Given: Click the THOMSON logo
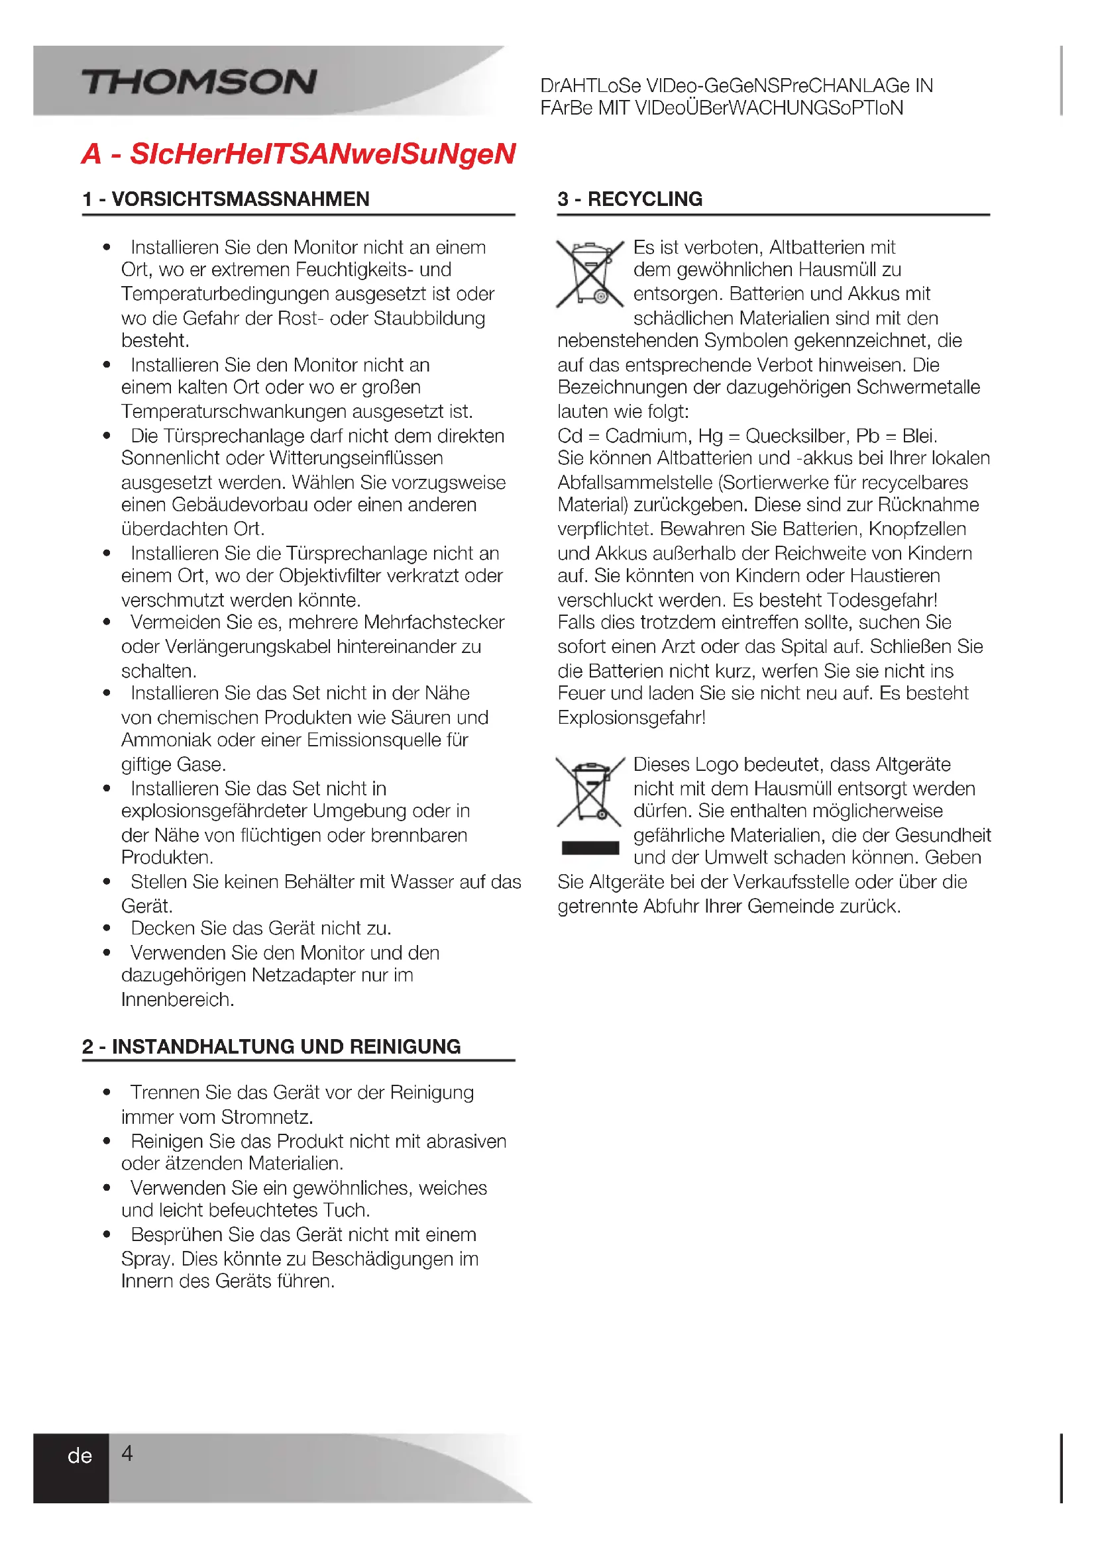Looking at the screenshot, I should pyautogui.click(x=199, y=81).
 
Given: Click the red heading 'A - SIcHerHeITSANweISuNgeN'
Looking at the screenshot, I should pyautogui.click(x=298, y=154).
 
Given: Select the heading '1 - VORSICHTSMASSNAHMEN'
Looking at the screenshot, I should pyautogui.click(x=226, y=199).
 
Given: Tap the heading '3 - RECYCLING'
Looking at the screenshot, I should pyautogui.click(x=630, y=199).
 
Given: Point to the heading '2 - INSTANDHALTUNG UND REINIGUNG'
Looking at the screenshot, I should pyautogui.click(x=271, y=1046).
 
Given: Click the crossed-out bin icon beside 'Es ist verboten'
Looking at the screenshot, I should pyautogui.click(x=590, y=274).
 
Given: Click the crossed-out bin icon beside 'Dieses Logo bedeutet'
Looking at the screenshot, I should pyautogui.click(x=590, y=791).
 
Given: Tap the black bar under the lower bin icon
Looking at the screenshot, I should pyautogui.click(x=590, y=848).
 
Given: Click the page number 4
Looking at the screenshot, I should pyautogui.click(x=127, y=1452).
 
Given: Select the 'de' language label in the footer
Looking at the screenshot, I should pyautogui.click(x=80, y=1456).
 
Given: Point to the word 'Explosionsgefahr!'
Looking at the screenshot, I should pyautogui.click(x=631, y=717).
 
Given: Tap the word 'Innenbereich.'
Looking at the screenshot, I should pyautogui.click(x=178, y=999).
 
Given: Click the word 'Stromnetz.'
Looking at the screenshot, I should pyautogui.click(x=267, y=1117).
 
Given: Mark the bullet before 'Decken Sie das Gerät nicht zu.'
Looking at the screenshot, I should pyautogui.click(x=107, y=928).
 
